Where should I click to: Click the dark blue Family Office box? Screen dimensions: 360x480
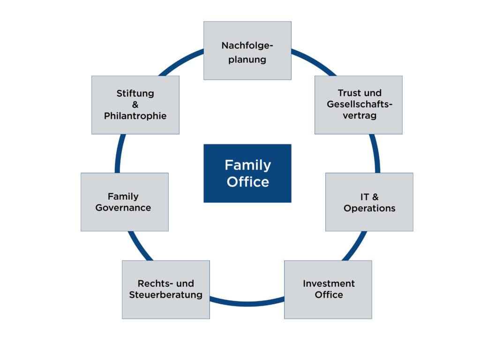click(x=247, y=173)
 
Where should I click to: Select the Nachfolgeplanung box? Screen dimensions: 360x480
click(x=247, y=51)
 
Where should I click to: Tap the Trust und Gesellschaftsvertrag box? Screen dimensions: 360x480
click(x=358, y=105)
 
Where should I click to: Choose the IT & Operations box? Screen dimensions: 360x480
click(x=369, y=202)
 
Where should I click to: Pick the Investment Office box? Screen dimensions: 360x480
click(x=328, y=289)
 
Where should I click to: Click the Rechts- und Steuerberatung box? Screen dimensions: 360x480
click(x=165, y=289)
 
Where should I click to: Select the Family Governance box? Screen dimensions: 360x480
click(x=124, y=202)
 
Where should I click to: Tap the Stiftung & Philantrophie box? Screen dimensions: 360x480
click(x=135, y=105)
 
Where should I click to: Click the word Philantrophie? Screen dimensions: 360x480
click(x=135, y=116)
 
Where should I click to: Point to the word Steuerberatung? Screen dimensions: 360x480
click(x=165, y=295)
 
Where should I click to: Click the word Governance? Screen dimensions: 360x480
click(x=123, y=208)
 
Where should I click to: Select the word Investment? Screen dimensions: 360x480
click(x=329, y=284)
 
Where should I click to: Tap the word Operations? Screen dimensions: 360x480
click(x=369, y=208)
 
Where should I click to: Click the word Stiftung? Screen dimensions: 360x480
click(x=135, y=93)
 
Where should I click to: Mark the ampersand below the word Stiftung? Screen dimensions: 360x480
click(x=135, y=105)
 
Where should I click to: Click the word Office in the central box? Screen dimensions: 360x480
click(x=247, y=182)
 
